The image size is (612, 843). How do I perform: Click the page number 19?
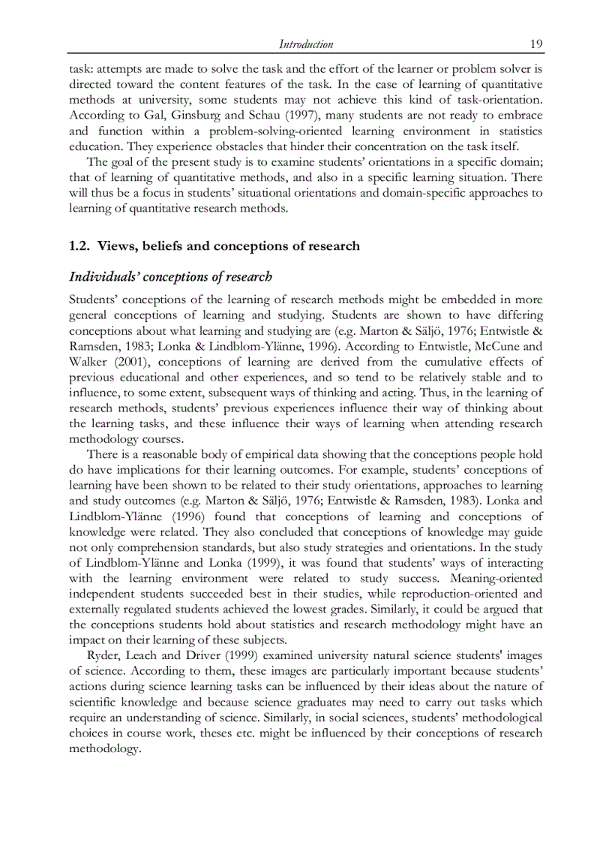[535, 44]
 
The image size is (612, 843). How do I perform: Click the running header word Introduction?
[305, 44]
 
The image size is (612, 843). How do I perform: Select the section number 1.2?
[79, 246]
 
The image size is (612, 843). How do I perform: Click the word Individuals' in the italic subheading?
[105, 278]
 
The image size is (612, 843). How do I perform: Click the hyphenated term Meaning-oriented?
[496, 578]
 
